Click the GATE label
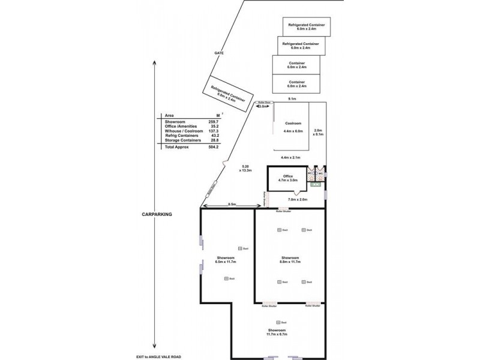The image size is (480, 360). [x=219, y=53]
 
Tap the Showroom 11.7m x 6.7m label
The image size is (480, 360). [x=277, y=333]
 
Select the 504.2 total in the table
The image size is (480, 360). [x=213, y=146]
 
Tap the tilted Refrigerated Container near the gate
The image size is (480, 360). [x=227, y=95]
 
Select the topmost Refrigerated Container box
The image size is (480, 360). [x=307, y=26]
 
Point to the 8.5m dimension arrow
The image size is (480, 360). [x=227, y=206]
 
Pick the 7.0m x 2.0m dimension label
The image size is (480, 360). [x=298, y=199]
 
